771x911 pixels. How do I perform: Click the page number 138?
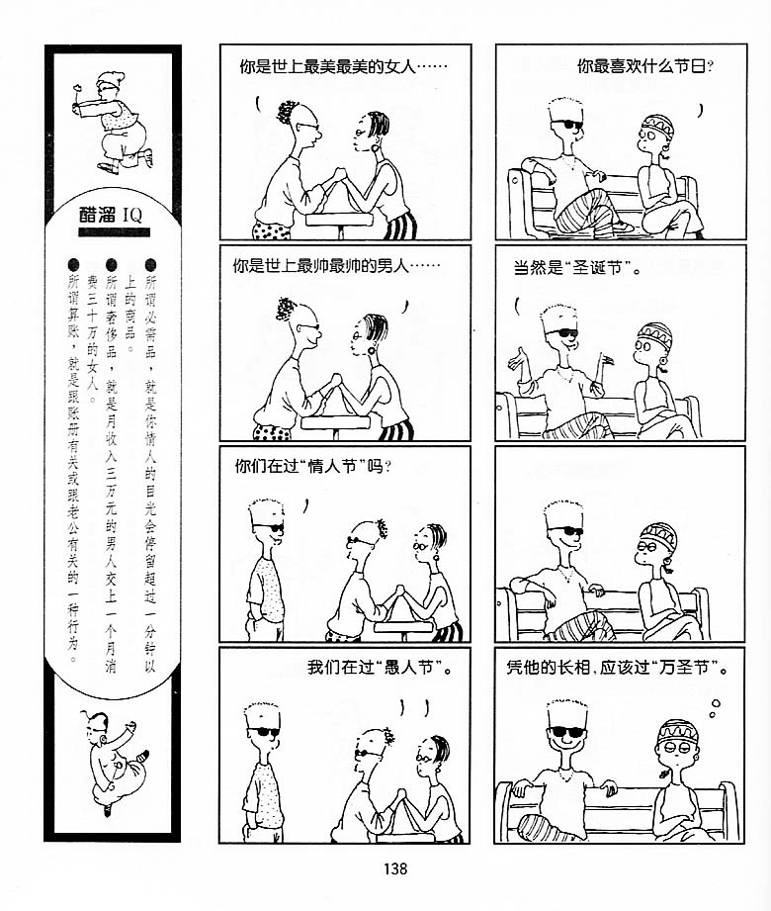click(394, 868)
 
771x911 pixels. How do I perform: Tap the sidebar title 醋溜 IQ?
click(111, 215)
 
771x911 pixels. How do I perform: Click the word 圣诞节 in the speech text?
click(597, 268)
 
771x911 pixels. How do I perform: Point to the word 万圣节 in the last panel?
click(684, 668)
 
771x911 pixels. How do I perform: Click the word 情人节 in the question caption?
click(332, 467)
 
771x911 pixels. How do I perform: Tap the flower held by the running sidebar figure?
click(76, 89)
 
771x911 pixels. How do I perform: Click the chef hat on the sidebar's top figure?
click(111, 78)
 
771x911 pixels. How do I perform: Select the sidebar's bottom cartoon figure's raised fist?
click(131, 726)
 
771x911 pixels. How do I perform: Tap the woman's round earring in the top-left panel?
click(376, 147)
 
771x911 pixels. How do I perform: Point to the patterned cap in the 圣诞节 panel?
click(655, 333)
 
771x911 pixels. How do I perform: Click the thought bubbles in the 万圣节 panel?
click(715, 707)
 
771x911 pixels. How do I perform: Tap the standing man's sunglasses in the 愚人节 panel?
click(264, 732)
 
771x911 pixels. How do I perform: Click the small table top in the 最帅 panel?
click(335, 422)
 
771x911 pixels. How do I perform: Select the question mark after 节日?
click(710, 67)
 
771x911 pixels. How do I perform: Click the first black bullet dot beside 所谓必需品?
click(150, 265)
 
